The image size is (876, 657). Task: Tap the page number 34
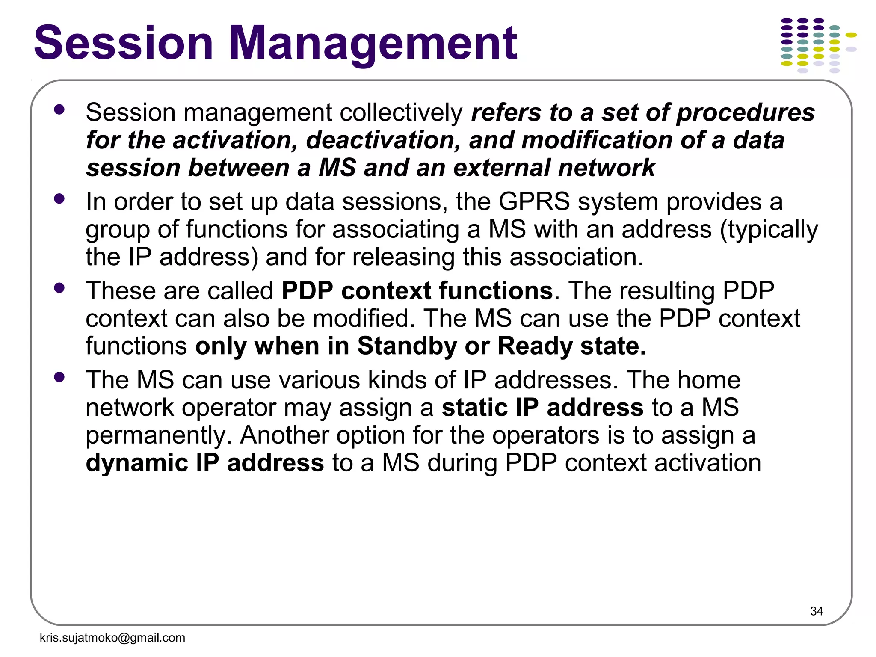[x=816, y=611]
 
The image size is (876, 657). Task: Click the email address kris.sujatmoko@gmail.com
[x=112, y=638]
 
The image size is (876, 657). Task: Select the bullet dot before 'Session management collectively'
[x=59, y=109]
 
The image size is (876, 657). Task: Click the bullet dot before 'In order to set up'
[x=59, y=198]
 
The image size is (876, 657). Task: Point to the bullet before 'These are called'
[x=59, y=288]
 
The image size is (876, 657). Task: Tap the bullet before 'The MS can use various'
[x=59, y=377]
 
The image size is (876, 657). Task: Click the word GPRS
[x=534, y=201]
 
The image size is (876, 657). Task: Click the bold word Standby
[x=407, y=346]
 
